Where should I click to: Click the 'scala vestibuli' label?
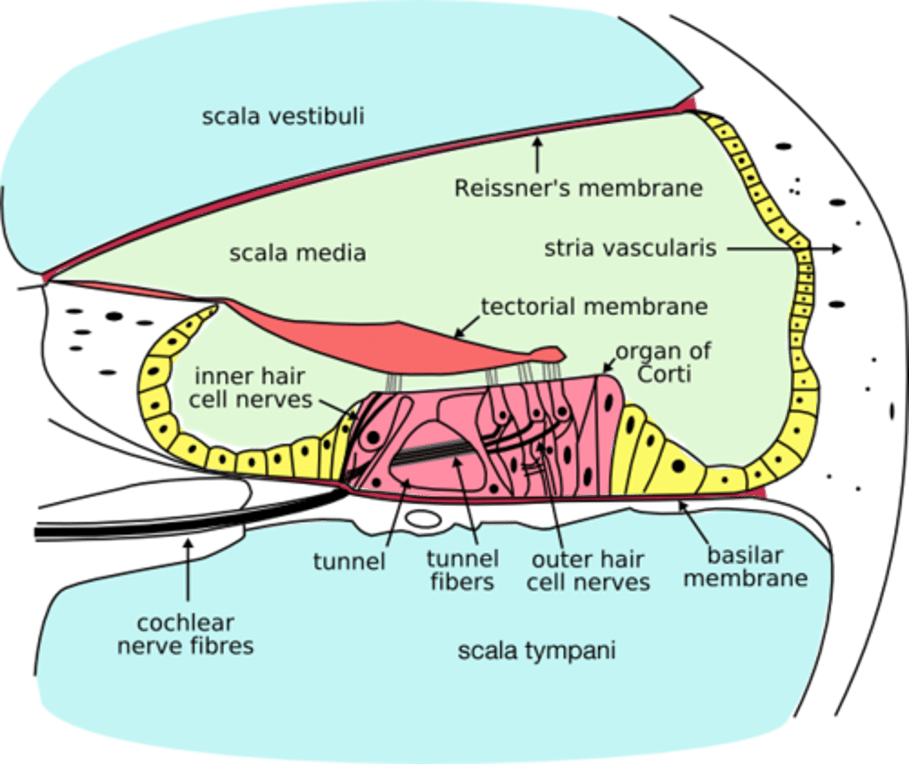283,117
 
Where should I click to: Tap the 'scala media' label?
297,253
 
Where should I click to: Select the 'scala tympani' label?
536,651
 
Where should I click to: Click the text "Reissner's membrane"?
578,188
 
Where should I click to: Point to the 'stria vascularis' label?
630,248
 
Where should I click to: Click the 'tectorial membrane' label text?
594,307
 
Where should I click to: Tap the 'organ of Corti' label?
663,362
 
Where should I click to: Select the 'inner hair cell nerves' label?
250,387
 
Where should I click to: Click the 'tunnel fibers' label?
462,570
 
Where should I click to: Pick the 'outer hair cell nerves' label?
588,570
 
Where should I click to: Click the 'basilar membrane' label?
745,567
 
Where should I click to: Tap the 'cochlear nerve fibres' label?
185,634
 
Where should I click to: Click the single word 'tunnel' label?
349,562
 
